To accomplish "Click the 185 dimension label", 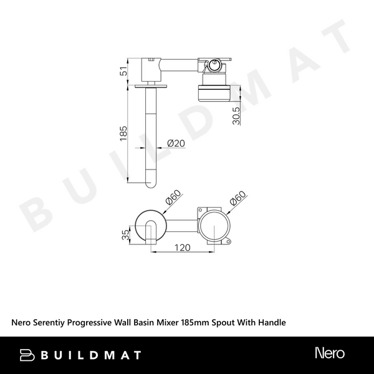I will (123, 133).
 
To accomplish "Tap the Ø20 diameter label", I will (176, 144).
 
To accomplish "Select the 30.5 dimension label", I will (235, 113).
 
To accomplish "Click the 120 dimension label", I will (181, 247).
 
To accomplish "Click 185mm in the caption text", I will (194, 323).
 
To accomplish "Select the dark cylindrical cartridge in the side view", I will (214, 91).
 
